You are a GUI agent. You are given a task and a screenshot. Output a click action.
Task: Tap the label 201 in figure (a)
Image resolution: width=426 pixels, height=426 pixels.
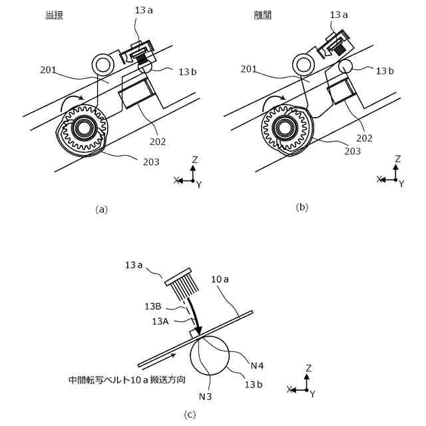tap(49, 69)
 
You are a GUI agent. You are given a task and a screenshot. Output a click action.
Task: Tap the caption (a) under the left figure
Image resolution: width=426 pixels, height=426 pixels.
tap(101, 209)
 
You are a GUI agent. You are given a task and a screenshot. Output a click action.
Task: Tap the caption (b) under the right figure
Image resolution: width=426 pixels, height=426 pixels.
tap(302, 207)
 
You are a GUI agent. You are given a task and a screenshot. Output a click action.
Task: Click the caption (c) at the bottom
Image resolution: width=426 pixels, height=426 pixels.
tap(190, 415)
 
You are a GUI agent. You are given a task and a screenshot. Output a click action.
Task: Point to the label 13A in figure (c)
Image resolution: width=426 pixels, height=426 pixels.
tap(160, 321)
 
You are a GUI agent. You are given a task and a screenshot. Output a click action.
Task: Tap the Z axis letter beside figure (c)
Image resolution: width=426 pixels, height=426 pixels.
tap(309, 368)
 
